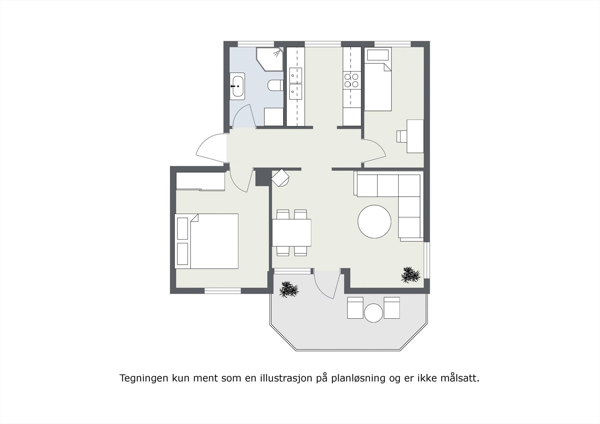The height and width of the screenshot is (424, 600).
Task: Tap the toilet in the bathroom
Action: coord(276,86)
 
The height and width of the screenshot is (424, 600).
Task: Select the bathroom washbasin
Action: coord(237,86)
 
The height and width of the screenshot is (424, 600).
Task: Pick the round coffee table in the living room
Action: coord(374,221)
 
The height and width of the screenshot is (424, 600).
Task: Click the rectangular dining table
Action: coord(292,232)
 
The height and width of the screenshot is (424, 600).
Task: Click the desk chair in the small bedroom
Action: coord(401,136)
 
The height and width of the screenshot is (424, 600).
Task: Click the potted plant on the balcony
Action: coord(289,289)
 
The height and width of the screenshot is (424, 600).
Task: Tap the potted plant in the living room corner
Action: coord(411,275)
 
